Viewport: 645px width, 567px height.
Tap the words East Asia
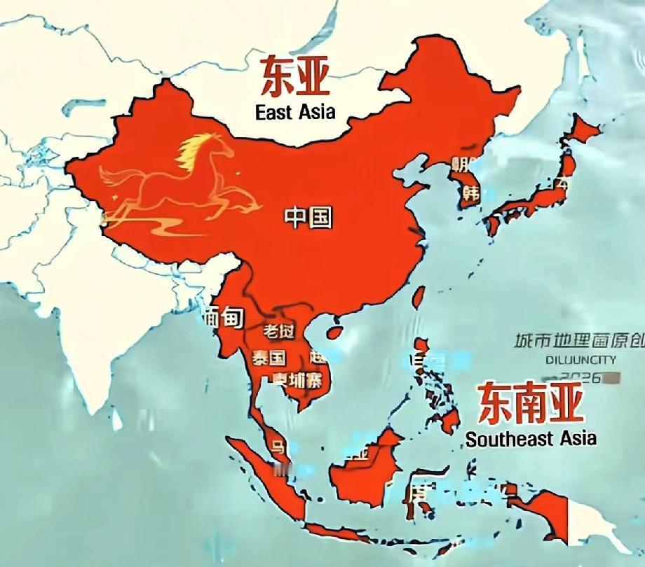[x=295, y=111]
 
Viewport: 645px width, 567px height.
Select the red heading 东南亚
[x=530, y=404]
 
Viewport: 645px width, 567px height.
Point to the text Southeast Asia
[x=531, y=439]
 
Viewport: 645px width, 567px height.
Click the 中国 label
[x=308, y=218]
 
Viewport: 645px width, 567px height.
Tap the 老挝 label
[x=278, y=330]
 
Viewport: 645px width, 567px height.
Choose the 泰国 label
[x=269, y=358]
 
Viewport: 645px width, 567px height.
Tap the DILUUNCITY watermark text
[x=582, y=360]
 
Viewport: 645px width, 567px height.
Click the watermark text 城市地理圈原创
[x=578, y=342]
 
